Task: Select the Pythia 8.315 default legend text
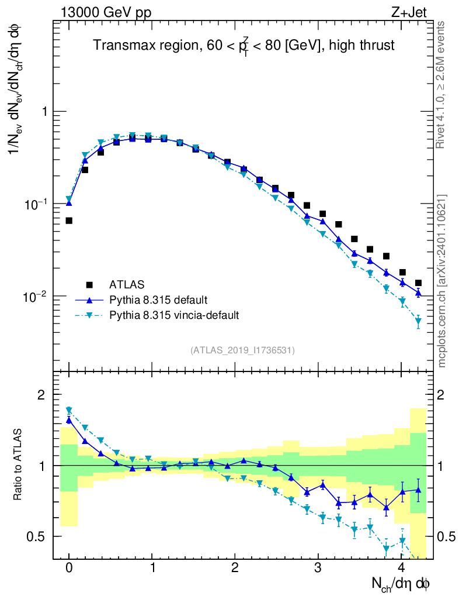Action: click(158, 300)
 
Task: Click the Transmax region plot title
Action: click(244, 46)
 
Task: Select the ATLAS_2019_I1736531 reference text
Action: click(242, 350)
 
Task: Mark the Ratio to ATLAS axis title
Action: click(19, 466)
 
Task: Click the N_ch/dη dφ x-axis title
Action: click(401, 584)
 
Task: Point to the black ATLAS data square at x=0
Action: click(69, 221)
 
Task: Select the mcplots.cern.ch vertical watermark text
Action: click(441, 281)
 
